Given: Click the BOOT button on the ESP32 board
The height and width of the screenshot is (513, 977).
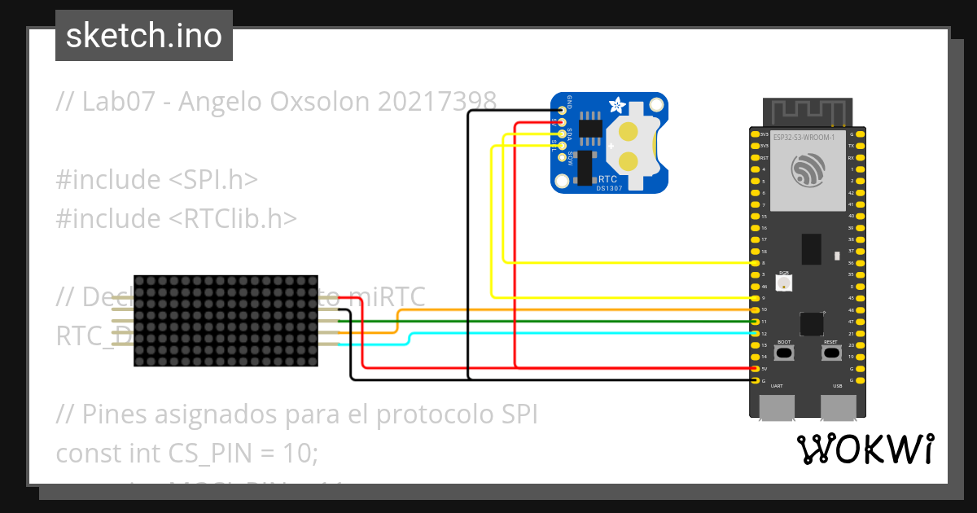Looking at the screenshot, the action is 784,353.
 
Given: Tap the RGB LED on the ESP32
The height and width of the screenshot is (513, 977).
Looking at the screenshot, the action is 784,283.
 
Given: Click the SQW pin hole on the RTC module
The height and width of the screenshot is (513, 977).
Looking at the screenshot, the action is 562,158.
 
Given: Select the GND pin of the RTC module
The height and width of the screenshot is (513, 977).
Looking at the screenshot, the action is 562,110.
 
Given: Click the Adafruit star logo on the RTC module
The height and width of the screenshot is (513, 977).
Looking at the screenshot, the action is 616,106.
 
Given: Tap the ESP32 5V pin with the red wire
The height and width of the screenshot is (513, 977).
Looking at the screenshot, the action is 756,369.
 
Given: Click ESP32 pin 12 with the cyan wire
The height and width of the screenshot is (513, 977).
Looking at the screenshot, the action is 756,334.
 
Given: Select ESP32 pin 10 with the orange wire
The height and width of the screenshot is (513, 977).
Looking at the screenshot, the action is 756,310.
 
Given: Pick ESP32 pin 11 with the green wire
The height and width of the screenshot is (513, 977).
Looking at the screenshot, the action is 756,322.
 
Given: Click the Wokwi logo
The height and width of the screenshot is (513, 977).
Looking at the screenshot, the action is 865,449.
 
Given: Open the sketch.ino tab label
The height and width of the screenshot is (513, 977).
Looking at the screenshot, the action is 144,36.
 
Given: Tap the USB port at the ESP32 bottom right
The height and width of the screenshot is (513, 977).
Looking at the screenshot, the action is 839,407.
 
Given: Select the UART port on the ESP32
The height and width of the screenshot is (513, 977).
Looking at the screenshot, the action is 778,407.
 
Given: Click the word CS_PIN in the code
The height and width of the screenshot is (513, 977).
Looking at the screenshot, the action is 207,453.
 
